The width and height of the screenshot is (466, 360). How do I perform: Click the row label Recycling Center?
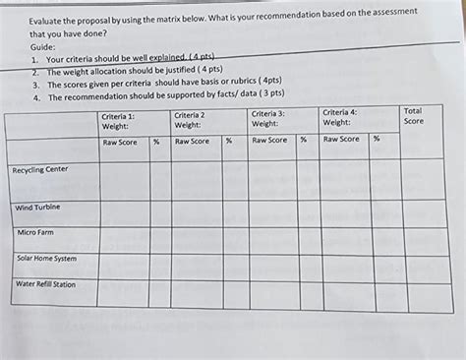pos(40,170)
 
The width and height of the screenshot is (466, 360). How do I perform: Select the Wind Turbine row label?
pos(38,208)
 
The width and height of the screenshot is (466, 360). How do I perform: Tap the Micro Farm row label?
pos(35,233)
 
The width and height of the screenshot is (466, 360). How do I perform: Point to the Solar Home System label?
pos(46,259)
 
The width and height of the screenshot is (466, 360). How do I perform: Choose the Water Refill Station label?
pos(45,284)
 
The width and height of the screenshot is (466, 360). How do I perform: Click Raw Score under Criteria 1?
pos(120,142)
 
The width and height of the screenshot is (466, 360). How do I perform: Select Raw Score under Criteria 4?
pos(341,140)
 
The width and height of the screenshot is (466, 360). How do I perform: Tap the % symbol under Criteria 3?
pos(304,140)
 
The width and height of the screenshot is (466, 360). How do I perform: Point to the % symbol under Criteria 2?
pos(228,141)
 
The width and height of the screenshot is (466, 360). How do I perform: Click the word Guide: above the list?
pos(42,46)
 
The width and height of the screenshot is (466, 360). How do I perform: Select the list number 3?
pos(35,86)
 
